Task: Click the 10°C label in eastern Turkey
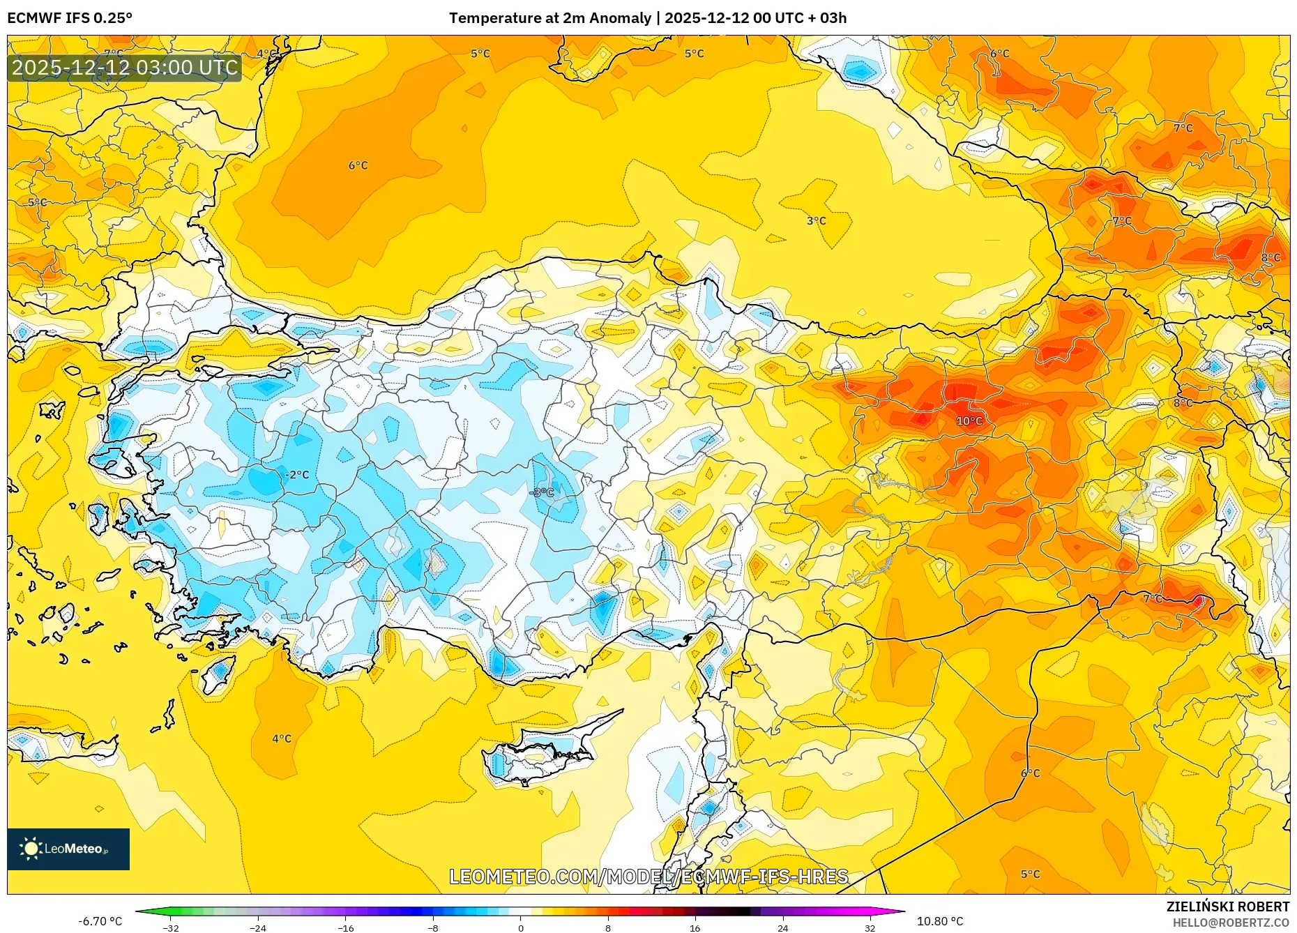click(x=969, y=421)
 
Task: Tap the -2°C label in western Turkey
click(x=296, y=475)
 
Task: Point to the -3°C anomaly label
click(x=542, y=492)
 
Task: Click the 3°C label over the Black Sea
click(x=816, y=221)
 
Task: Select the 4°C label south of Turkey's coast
click(x=282, y=738)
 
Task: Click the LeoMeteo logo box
click(x=68, y=849)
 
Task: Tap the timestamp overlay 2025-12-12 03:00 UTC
click(x=125, y=68)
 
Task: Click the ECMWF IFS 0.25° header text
click(x=70, y=18)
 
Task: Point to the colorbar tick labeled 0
click(x=520, y=927)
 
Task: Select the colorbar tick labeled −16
click(x=346, y=927)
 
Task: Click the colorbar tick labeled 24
click(x=782, y=927)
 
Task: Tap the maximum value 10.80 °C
click(x=939, y=921)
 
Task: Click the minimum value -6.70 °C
click(x=100, y=921)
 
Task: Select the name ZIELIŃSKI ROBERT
click(x=1227, y=907)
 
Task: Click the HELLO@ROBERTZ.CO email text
click(x=1231, y=923)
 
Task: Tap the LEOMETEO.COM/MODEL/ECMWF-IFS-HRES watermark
click(x=648, y=877)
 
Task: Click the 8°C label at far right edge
click(x=1271, y=258)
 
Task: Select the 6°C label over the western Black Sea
click(x=358, y=166)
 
